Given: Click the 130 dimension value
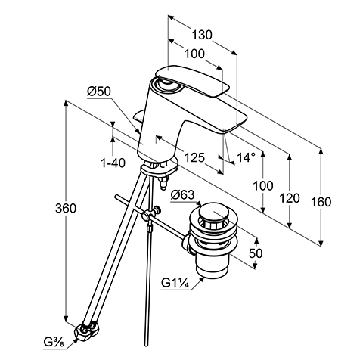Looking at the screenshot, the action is coord(202,35).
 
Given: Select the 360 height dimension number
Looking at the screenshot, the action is coord(66,209).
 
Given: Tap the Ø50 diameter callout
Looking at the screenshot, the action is coord(99,92).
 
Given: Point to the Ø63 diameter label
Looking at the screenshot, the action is coord(183,194).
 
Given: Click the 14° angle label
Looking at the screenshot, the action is coord(246,158).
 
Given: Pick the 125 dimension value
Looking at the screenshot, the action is coord(194,158).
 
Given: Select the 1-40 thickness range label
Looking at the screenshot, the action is coord(113,163).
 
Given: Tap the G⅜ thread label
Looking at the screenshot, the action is coord(53,343).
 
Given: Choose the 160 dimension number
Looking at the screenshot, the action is coord(321,202).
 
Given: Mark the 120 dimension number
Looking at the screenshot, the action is coord(290,198).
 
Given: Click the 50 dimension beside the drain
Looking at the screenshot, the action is coord(256,253).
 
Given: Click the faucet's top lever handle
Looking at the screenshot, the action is coord(193,80).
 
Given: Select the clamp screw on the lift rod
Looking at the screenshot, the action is coord(158,209).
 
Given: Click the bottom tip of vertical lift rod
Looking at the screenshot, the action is coord(146,345).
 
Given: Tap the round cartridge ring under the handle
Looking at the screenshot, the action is coord(166,84).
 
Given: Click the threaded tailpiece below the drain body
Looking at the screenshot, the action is coord(212,268).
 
